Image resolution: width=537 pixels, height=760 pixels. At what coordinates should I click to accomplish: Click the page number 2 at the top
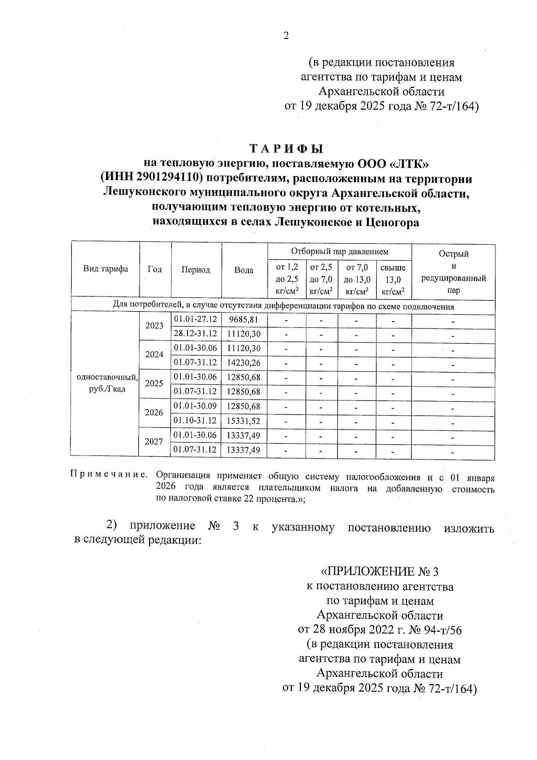coord(286,36)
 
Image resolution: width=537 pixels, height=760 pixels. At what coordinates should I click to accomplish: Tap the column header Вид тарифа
coord(106,269)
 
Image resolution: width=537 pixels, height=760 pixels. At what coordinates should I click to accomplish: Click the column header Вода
coord(244,270)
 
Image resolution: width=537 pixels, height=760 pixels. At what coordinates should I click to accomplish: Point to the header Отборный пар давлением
coord(340,252)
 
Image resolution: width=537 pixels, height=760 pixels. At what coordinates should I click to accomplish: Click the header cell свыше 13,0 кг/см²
coord(393,279)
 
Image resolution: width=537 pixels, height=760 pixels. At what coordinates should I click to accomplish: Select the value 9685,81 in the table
coord(244,319)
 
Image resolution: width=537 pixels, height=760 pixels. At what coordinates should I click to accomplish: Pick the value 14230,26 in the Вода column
coord(244,363)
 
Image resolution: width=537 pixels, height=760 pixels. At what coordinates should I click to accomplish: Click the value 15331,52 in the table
coord(244,421)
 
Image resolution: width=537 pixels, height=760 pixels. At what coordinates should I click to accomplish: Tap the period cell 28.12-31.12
coord(195,334)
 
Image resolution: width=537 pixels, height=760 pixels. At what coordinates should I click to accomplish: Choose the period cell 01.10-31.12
coord(195,421)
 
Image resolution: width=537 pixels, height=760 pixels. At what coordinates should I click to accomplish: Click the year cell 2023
coord(154,326)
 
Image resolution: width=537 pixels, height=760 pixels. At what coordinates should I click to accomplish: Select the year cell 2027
coord(154,442)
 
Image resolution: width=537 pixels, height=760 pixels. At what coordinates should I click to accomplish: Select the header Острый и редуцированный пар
coord(453,272)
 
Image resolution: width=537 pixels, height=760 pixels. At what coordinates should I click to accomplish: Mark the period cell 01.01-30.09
coord(195,406)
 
